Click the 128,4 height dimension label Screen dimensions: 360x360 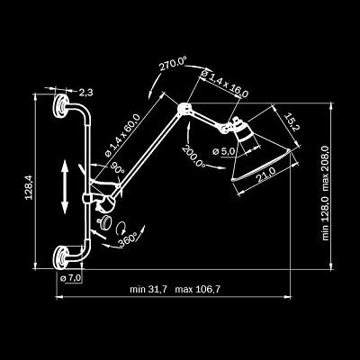(29, 187)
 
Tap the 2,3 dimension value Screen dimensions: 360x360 (86, 93)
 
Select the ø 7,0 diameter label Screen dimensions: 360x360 (71, 278)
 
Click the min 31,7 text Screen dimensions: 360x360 (148, 290)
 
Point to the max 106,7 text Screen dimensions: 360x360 (198, 290)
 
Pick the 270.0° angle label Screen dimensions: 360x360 (173, 65)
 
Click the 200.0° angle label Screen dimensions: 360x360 (193, 156)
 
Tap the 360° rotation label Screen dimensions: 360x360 (127, 238)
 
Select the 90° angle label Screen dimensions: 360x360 (118, 168)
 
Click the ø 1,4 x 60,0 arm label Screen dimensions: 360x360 (122, 135)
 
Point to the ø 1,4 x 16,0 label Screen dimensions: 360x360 (225, 84)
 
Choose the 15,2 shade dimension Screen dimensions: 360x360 (291, 122)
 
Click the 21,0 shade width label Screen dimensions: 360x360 (265, 175)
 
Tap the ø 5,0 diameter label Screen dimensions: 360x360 (223, 151)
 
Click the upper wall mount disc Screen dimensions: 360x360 (60, 106)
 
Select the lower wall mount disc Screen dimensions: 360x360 (60, 257)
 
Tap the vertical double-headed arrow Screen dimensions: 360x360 (65, 186)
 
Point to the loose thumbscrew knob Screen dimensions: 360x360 (105, 222)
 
